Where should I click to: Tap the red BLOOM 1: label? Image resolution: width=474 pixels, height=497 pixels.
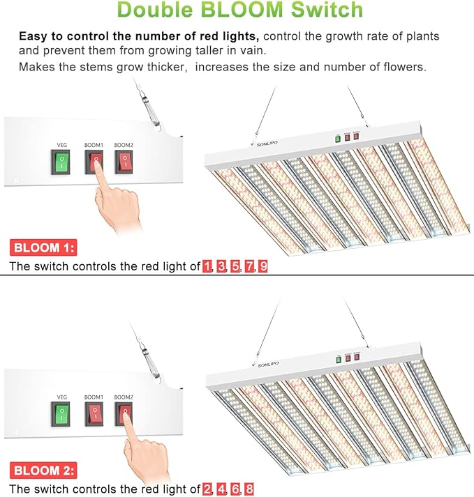43,247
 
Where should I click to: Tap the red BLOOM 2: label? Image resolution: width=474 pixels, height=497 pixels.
43,471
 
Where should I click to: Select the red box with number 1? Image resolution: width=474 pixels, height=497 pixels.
207,266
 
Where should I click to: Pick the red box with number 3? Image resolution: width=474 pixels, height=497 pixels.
221,266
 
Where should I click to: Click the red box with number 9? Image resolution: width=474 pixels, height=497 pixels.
262,266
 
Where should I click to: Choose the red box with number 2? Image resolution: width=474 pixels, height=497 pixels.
207,489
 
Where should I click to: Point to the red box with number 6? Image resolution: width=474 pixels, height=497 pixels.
235,489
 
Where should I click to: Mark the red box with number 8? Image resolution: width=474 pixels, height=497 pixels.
249,489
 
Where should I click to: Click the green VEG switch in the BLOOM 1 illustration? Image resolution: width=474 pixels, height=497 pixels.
62,162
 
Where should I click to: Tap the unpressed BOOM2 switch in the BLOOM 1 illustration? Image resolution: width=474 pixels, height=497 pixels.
124,162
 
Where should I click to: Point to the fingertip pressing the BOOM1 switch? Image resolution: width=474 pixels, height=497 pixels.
96,170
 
